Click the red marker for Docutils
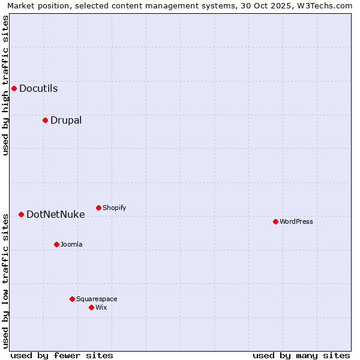(14, 89)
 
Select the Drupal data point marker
(45, 120)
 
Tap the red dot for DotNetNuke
(21, 214)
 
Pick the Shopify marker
(98, 208)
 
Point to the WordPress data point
(275, 221)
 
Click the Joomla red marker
(56, 244)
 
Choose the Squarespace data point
(72, 299)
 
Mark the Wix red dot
(91, 307)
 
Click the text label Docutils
(38, 89)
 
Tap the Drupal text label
(66, 120)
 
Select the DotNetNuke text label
(56, 214)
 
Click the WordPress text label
(296, 221)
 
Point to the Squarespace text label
(97, 299)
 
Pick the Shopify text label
(114, 208)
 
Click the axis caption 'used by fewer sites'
(62, 355)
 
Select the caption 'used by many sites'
(301, 355)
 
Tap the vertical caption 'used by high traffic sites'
(5, 85)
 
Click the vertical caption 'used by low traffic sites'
(5, 281)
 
